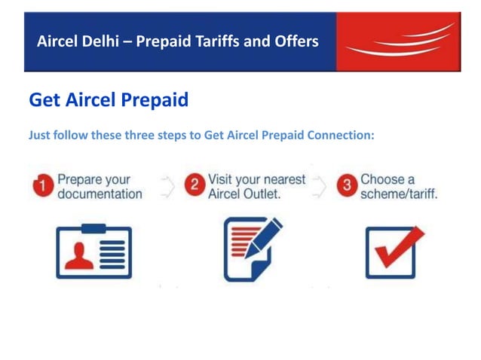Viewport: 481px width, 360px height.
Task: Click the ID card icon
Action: click(93, 250)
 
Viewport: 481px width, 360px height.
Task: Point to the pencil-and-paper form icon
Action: click(251, 249)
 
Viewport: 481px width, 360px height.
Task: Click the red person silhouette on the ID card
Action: click(78, 255)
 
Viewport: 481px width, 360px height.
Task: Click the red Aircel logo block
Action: click(397, 41)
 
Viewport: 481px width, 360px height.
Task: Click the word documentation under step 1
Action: click(100, 194)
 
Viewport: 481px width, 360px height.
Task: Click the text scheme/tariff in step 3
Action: click(399, 194)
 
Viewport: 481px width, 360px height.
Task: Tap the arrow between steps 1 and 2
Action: click(168, 185)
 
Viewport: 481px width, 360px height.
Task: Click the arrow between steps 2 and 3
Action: click(321, 185)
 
